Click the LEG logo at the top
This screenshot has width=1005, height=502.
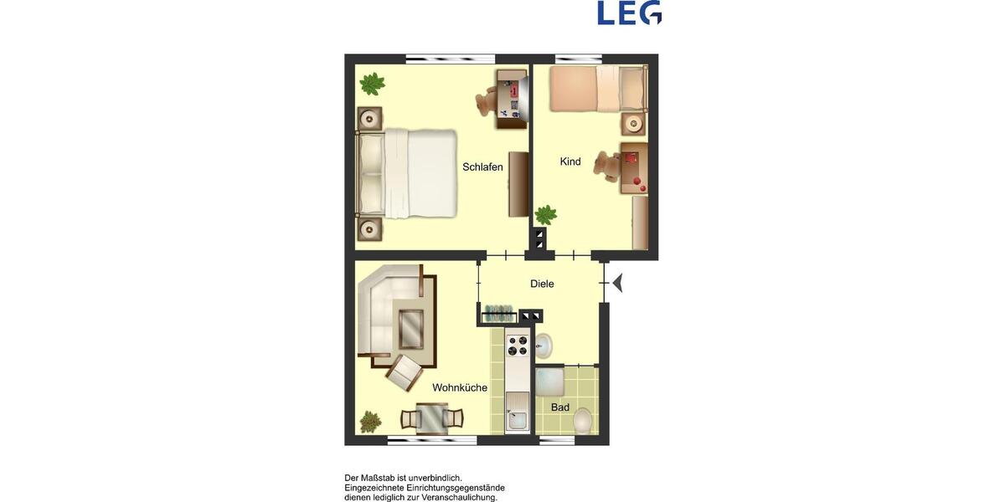pos(629,13)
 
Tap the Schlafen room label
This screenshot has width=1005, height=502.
pos(482,167)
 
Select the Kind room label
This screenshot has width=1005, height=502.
pos(570,161)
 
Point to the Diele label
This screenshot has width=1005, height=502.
pos(542,284)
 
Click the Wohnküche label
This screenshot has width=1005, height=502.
pos(460,387)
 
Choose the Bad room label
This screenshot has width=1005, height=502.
pos(560,407)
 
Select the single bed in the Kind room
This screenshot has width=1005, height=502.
pos(598,90)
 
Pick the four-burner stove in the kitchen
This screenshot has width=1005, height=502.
pos(518,345)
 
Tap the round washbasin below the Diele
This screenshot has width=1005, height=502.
pos(543,344)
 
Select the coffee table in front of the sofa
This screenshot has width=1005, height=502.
pos(411,327)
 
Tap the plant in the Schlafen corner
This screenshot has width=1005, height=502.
pos(372,84)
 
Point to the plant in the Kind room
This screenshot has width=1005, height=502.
pos(546,215)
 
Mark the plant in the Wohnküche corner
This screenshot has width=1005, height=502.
pos(370,422)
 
